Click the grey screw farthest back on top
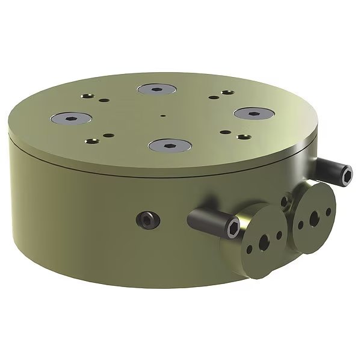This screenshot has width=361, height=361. pos(156,90)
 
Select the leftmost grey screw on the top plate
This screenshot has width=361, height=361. pos(70,119)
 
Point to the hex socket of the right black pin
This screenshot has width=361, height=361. pos(348,175)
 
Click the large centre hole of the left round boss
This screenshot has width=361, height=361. pos(263,242)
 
